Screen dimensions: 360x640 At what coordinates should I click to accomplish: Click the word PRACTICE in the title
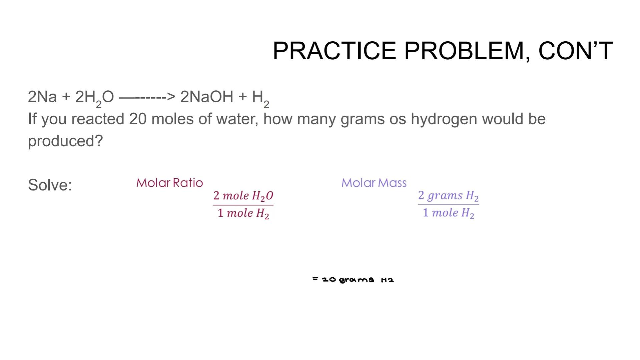[334, 51]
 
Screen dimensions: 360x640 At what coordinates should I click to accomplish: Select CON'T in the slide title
[575, 51]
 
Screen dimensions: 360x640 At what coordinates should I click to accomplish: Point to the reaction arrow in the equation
[147, 97]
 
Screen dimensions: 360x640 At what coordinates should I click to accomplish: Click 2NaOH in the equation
[207, 97]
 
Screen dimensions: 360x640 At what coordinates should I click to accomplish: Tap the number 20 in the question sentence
[138, 119]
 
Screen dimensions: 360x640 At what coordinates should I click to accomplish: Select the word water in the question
[237, 119]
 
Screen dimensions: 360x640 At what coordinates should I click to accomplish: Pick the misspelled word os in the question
[398, 119]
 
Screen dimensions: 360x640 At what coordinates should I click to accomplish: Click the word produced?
[65, 141]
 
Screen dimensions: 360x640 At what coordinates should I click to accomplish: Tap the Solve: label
[50, 185]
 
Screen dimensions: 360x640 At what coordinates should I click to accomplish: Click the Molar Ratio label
[169, 183]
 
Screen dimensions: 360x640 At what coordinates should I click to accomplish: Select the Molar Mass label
[374, 183]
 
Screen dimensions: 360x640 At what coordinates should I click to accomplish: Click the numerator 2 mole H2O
[243, 196]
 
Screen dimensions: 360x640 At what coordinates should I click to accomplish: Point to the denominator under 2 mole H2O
[243, 213]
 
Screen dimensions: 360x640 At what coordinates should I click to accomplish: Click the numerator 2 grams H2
[448, 195]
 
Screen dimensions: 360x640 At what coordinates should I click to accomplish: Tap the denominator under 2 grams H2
[448, 213]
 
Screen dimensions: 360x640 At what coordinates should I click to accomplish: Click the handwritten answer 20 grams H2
[354, 279]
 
